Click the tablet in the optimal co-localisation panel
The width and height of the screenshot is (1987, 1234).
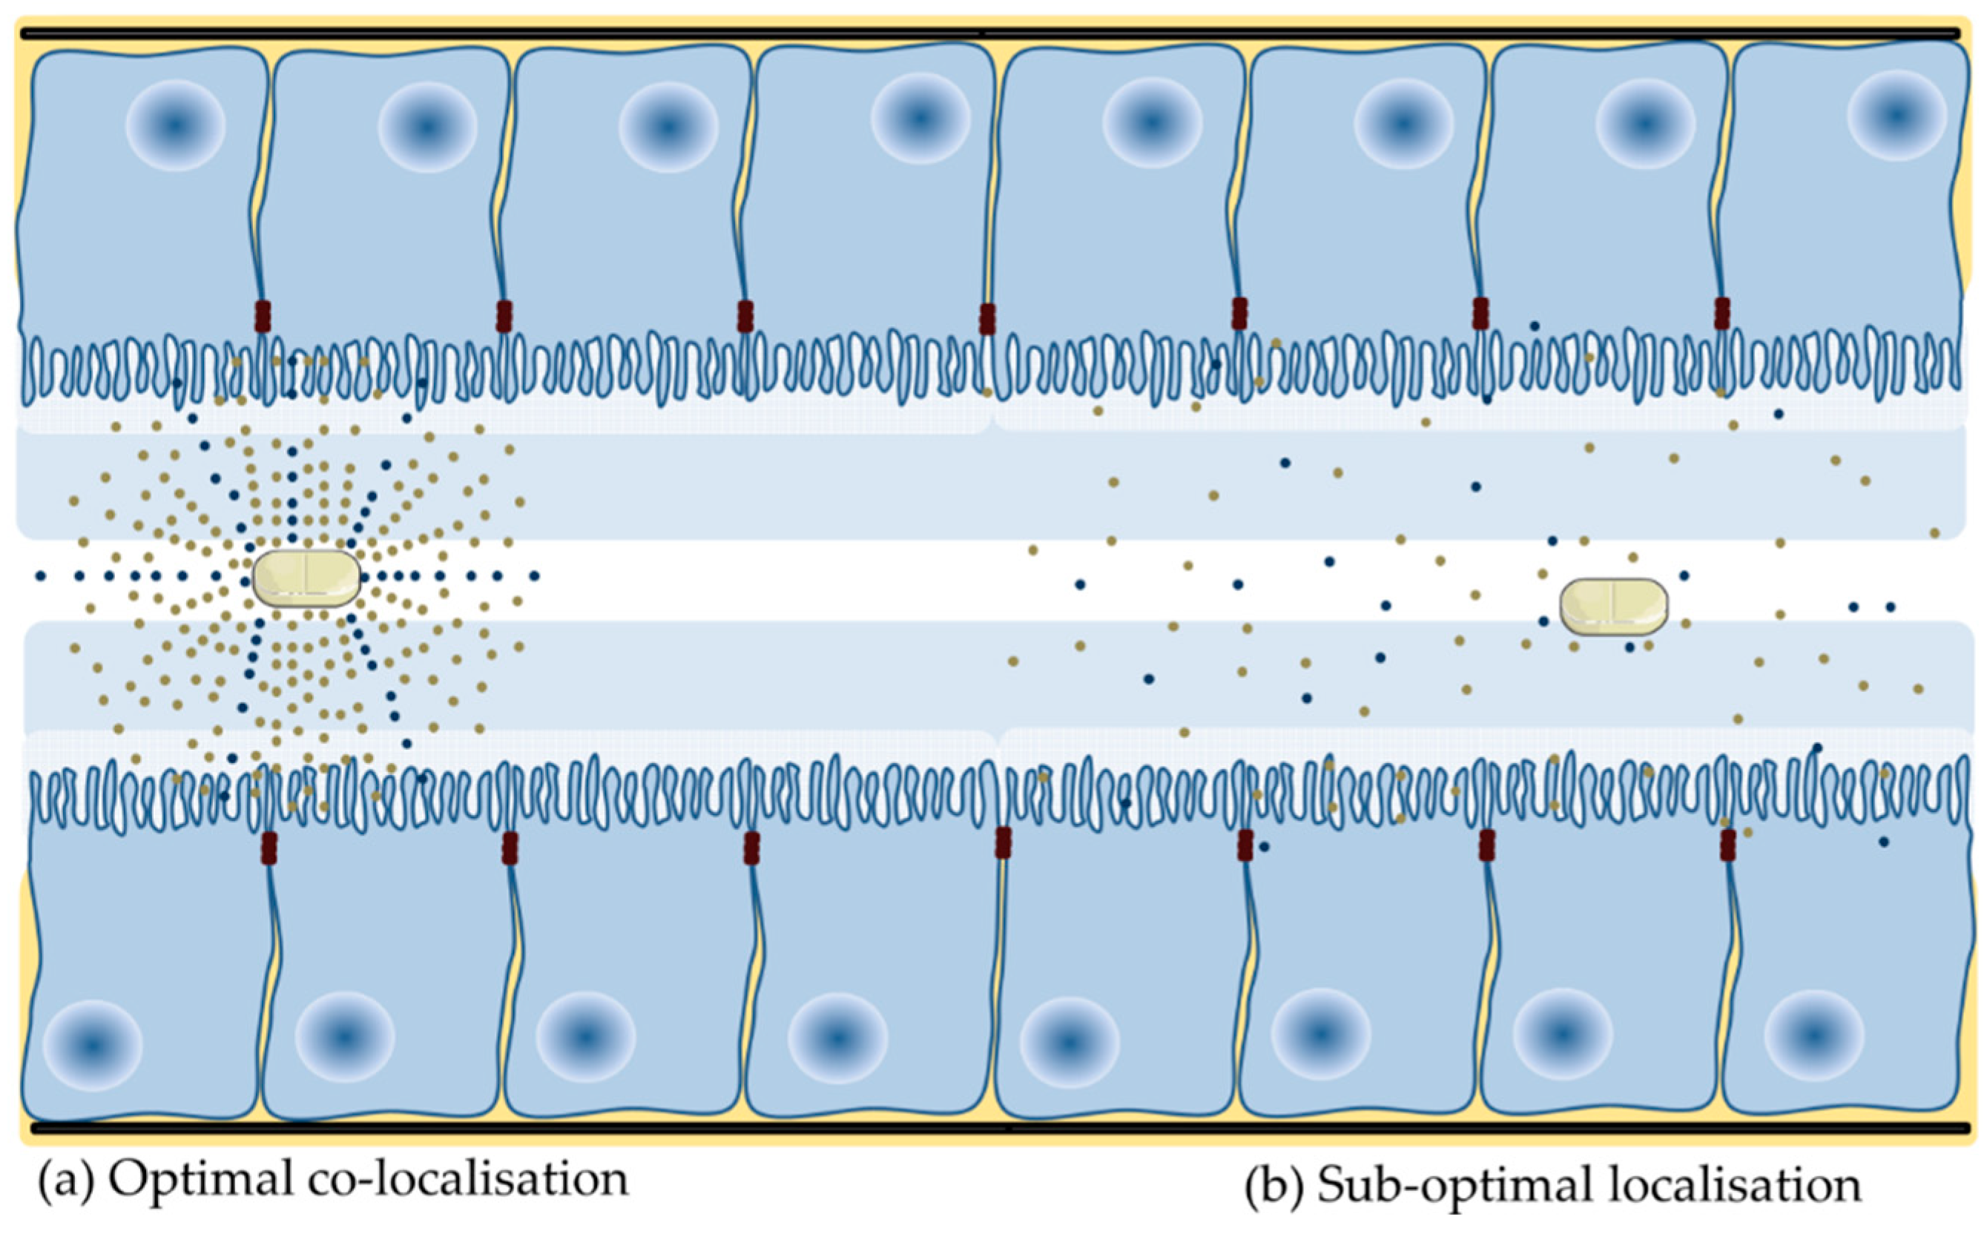(x=306, y=577)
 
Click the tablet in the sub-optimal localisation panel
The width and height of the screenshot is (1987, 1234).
(x=1613, y=607)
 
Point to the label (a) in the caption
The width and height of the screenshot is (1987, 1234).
(x=65, y=1181)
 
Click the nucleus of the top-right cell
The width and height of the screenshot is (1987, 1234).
(x=1897, y=115)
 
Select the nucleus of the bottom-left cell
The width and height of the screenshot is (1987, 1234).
(x=92, y=1046)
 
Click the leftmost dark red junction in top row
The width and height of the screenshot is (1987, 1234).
(x=262, y=316)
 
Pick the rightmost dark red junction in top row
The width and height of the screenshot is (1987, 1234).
(x=1721, y=314)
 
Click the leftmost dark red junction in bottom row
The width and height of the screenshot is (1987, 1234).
(x=268, y=848)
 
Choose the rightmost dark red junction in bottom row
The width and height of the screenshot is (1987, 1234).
(x=1727, y=845)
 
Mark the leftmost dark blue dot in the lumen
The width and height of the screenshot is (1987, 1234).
(x=40, y=576)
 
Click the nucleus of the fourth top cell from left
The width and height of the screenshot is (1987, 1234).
(x=920, y=119)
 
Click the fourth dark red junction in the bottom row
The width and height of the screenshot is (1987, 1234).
(x=1003, y=842)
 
